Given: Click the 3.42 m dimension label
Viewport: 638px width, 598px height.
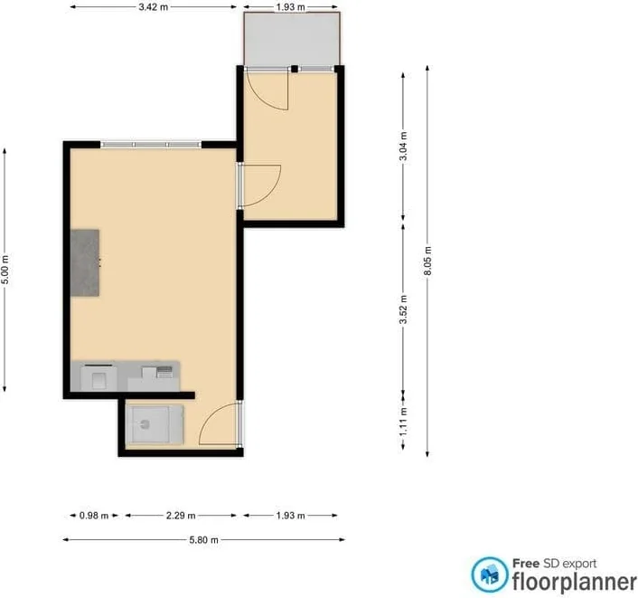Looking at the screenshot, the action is (x=153, y=7).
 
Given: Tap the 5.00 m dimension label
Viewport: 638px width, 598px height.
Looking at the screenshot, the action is (x=5, y=270).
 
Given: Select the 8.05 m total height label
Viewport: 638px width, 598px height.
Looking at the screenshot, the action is (x=427, y=261).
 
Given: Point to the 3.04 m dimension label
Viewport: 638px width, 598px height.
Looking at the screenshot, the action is (x=403, y=146).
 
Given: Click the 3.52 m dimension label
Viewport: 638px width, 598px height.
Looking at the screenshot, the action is (x=403, y=309).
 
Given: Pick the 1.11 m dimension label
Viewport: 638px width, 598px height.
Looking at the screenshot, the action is (x=403, y=422).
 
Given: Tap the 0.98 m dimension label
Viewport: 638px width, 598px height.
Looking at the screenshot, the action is (x=94, y=516).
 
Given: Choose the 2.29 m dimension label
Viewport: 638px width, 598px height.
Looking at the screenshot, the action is (x=181, y=516).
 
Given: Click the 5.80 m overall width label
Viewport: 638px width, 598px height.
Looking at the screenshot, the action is (x=203, y=540).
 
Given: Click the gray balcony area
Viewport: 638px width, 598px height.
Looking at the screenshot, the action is (x=292, y=39).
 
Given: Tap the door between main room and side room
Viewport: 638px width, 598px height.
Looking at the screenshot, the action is (x=259, y=185).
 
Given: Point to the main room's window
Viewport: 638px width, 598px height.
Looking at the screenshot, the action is (x=151, y=144).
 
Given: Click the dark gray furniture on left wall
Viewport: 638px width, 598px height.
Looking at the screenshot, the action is (x=85, y=262).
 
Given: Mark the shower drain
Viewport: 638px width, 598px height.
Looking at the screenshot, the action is (x=145, y=424).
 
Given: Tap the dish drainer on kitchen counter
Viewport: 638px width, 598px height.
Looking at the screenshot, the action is (x=164, y=372).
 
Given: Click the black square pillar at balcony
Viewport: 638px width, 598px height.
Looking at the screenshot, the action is (x=295, y=70).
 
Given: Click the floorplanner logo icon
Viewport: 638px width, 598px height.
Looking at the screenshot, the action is (x=490, y=574).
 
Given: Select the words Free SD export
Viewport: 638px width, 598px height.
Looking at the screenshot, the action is (x=554, y=564).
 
